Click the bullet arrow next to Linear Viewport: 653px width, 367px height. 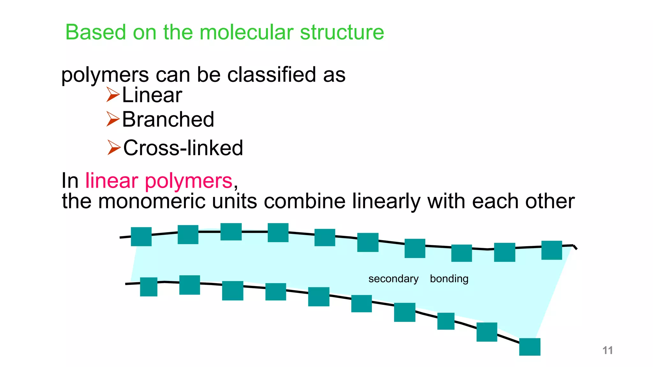click(113, 95)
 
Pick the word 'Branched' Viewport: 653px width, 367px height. click(168, 119)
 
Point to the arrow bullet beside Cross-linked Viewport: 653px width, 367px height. click(114, 148)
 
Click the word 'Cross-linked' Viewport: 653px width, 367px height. click(183, 148)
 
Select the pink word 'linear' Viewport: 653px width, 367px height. click(112, 181)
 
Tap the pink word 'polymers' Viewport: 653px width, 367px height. click(188, 181)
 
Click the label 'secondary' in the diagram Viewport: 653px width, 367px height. click(393, 279)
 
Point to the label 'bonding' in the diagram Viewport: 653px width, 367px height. click(449, 279)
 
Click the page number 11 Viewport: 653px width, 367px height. click(607, 350)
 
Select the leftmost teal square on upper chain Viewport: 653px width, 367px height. click(141, 236)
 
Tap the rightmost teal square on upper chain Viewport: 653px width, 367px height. click(552, 250)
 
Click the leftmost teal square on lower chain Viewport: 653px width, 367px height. click(149, 287)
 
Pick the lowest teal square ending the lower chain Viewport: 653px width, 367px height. click(530, 347)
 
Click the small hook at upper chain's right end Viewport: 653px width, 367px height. click(575, 247)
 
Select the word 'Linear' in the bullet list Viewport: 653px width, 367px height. click(152, 95)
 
